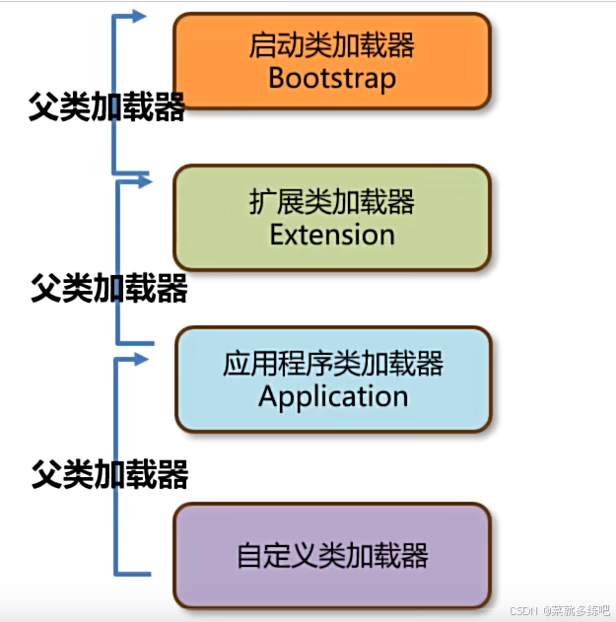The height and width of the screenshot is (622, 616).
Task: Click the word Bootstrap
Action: coord(331,78)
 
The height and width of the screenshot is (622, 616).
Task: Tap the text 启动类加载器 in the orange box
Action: coord(331,45)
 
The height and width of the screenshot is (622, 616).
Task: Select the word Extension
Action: coord(332,235)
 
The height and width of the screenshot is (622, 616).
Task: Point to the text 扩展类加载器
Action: coord(332,203)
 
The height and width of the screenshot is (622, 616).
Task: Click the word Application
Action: coord(333,396)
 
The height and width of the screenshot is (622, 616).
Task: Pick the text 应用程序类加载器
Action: coord(333,365)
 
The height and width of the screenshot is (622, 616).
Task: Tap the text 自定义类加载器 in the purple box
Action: coord(333,555)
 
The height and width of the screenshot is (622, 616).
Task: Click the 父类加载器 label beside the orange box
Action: coord(107,106)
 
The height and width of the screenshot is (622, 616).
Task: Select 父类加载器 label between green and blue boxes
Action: coord(108,290)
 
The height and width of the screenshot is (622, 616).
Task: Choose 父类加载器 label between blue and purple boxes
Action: coord(108,475)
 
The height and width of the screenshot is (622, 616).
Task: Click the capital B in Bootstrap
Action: coord(276,78)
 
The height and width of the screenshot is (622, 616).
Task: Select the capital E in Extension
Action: coord(277,235)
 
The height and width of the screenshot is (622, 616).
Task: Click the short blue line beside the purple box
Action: coord(134,573)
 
